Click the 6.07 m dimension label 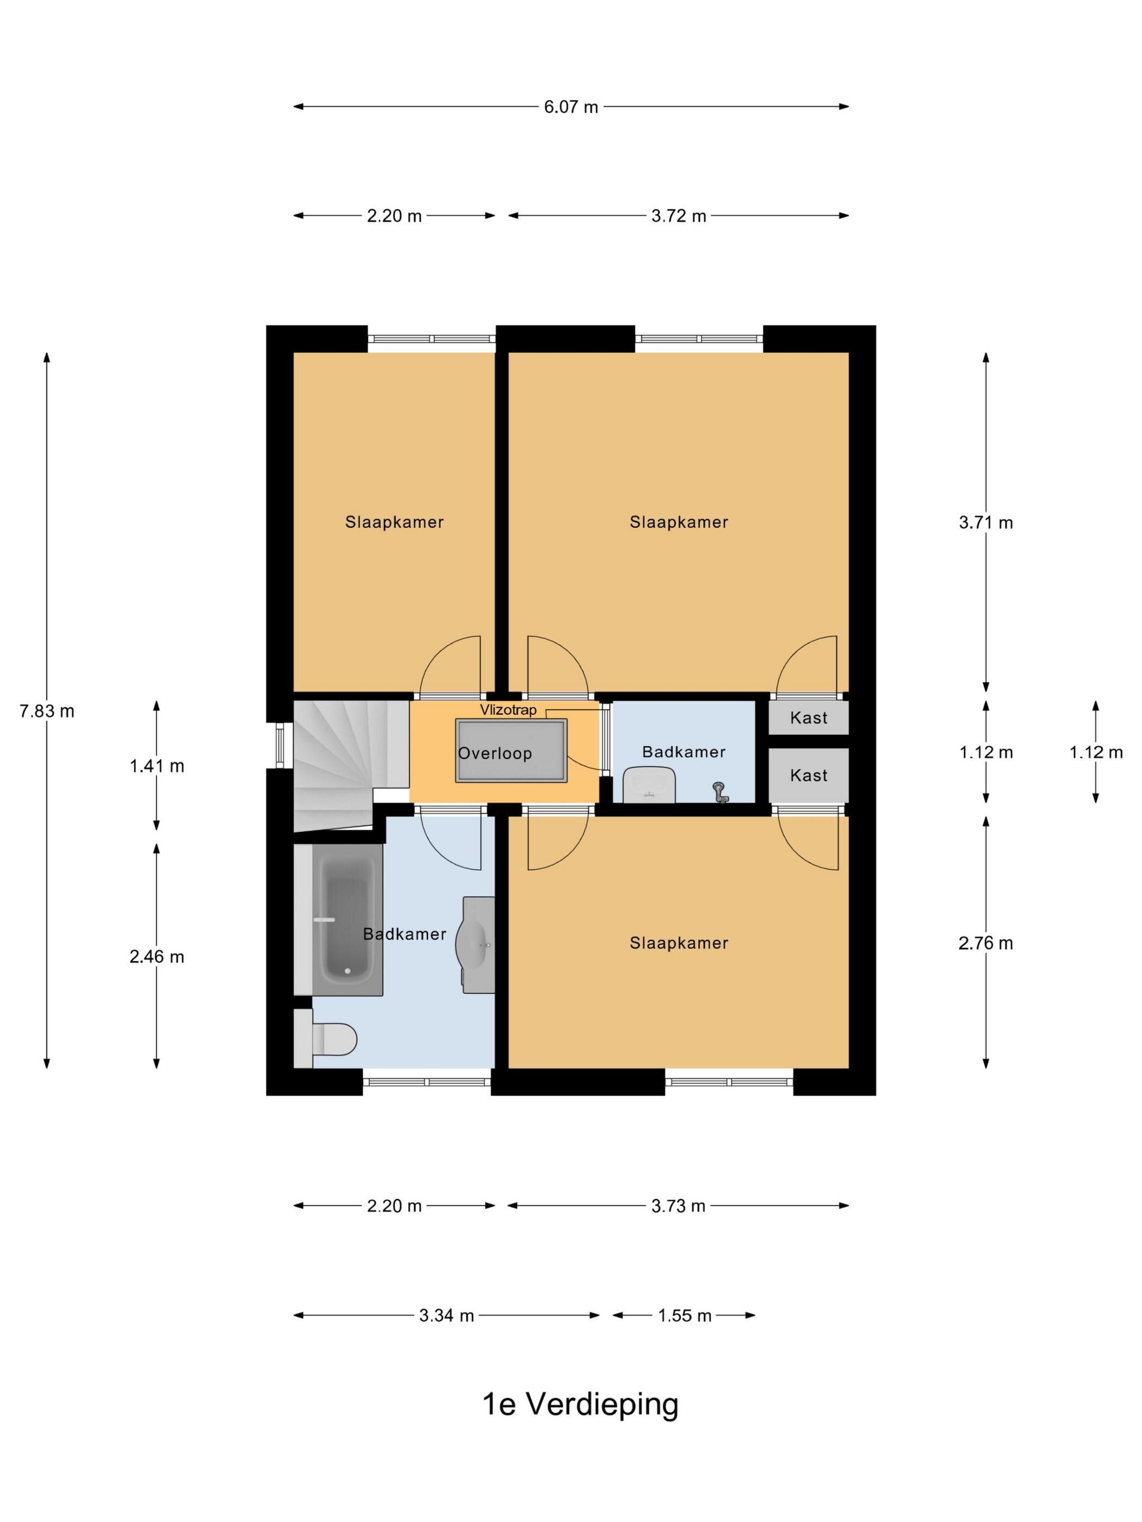(570, 107)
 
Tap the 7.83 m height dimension (47, 711)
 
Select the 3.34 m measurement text (446, 1315)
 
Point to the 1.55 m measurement (684, 1315)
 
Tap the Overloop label (495, 753)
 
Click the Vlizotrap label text (508, 710)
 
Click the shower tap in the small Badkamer (720, 792)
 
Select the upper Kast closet (808, 718)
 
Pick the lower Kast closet (808, 776)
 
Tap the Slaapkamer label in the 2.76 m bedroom (679, 943)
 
